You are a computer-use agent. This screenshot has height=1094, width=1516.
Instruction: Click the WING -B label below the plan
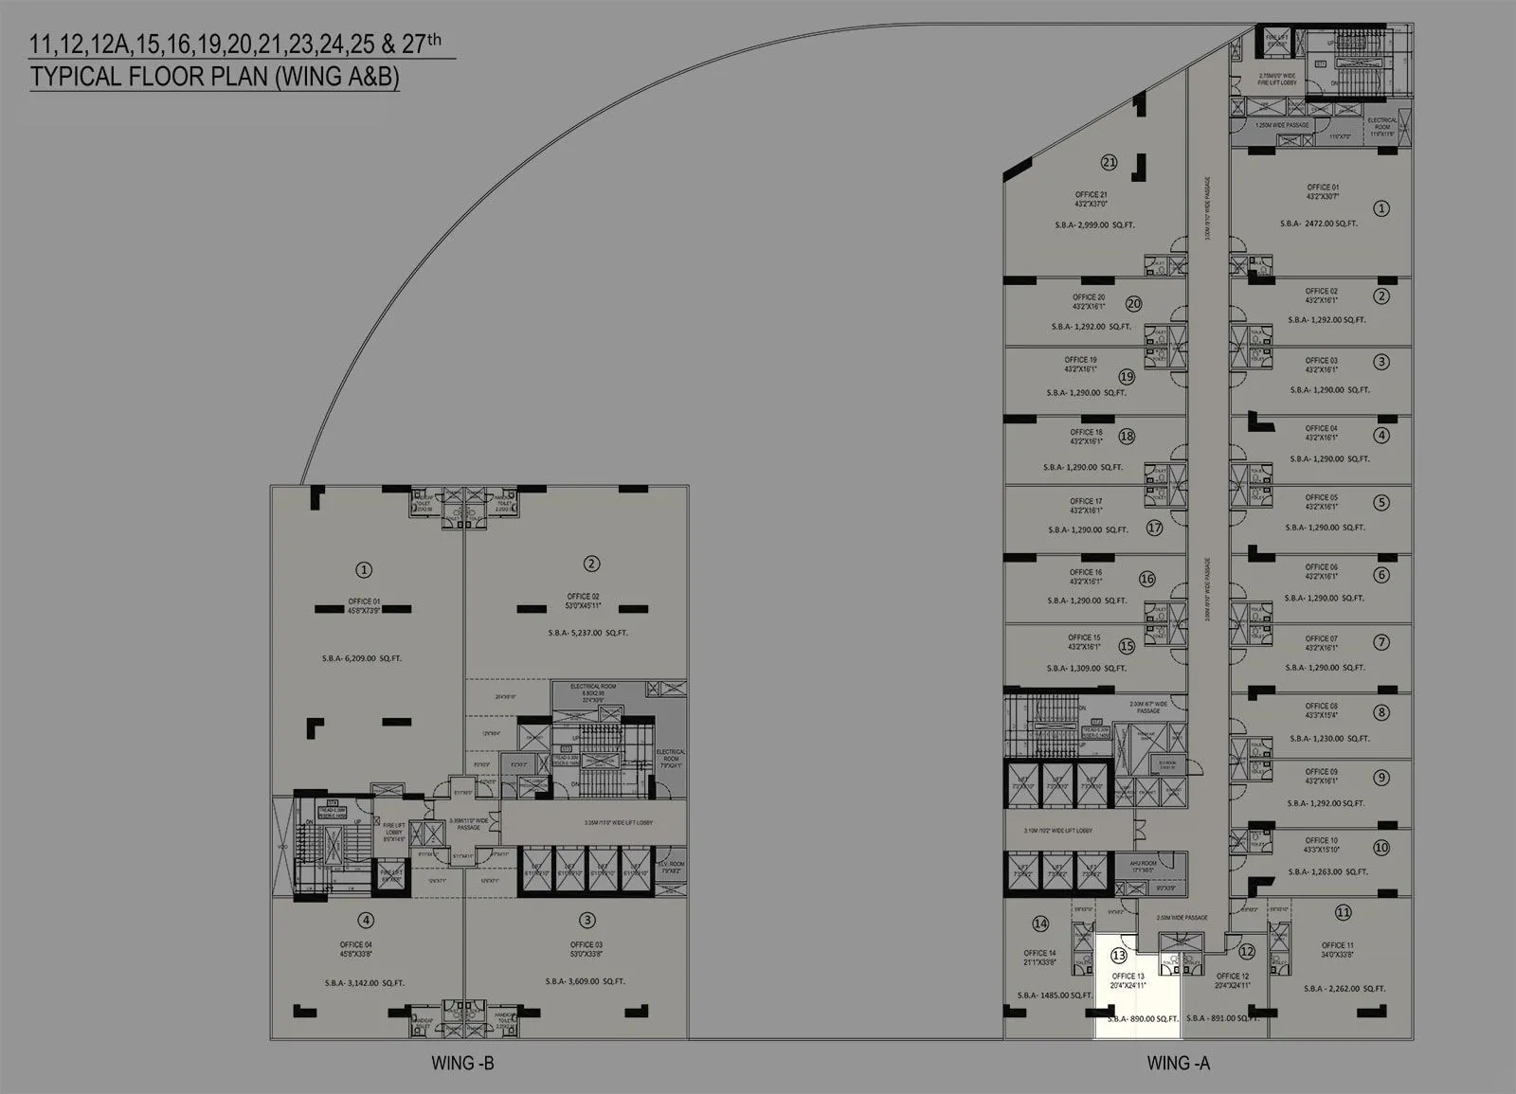[x=462, y=1063]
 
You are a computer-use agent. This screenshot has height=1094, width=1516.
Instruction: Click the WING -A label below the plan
[x=1178, y=1063]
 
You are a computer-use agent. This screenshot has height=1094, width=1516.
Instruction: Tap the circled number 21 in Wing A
[x=1109, y=162]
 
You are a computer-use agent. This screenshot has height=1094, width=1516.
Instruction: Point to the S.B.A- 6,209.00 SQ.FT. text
[x=361, y=658]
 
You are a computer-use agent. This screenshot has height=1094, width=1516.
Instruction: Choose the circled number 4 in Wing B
[x=366, y=920]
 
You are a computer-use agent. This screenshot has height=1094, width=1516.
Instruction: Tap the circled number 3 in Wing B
[x=587, y=920]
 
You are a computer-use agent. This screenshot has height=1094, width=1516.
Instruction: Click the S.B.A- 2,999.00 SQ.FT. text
[x=1092, y=225]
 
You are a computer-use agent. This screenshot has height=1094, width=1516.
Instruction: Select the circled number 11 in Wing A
[x=1343, y=913]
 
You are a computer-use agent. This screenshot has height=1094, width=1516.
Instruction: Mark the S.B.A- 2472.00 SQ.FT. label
[x=1318, y=224]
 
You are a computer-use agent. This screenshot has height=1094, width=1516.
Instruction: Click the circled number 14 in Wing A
[x=1040, y=924]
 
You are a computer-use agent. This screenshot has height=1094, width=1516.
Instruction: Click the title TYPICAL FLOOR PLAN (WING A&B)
[x=214, y=77]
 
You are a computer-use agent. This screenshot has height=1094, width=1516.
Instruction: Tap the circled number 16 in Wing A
[x=1146, y=579]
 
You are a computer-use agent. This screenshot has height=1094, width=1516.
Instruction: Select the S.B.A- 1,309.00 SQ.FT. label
[x=1086, y=669]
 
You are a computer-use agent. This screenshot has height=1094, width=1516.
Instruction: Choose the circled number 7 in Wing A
[x=1381, y=642]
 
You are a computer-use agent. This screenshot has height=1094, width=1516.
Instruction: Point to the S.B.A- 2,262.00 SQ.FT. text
[x=1344, y=989]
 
